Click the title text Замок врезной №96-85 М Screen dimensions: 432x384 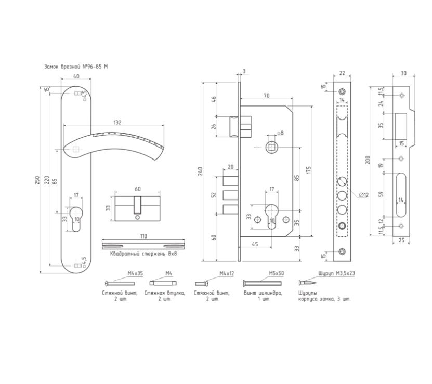coord(76,67)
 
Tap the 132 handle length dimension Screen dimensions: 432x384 coord(117,122)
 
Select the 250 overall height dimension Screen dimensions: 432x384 coord(37,180)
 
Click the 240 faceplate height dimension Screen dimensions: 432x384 coord(200,171)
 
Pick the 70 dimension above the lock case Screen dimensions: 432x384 coord(266,96)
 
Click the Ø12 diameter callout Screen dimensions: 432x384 coord(364,195)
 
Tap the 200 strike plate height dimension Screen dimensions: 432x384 coord(368,160)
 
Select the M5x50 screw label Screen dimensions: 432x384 coord(277,273)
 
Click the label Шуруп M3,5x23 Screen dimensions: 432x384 coord(336,273)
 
